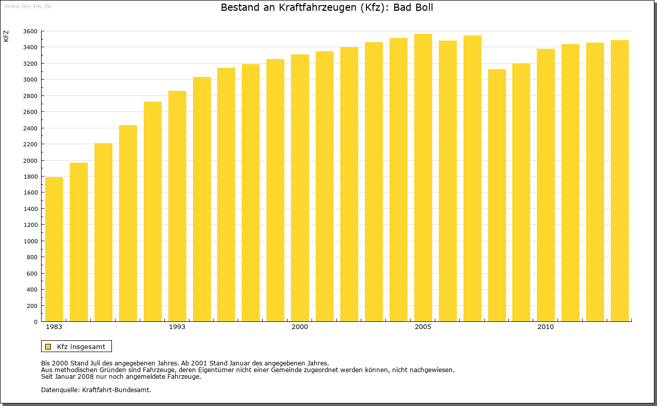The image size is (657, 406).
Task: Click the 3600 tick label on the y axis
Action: [30, 31]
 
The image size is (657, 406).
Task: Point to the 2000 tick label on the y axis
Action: [30, 160]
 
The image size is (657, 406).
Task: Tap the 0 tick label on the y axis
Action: [35, 322]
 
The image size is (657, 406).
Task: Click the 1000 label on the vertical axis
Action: [30, 241]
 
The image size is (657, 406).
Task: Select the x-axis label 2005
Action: [423, 327]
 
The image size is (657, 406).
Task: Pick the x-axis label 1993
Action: [177, 327]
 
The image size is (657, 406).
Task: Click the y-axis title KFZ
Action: [6, 36]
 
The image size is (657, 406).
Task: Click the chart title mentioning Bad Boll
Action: [327, 8]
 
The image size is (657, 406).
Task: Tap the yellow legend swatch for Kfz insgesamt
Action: [48, 346]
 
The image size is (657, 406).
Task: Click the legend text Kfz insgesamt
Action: [81, 346]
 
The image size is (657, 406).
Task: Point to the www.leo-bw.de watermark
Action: [28, 6]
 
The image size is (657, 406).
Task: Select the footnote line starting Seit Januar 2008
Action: [121, 376]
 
